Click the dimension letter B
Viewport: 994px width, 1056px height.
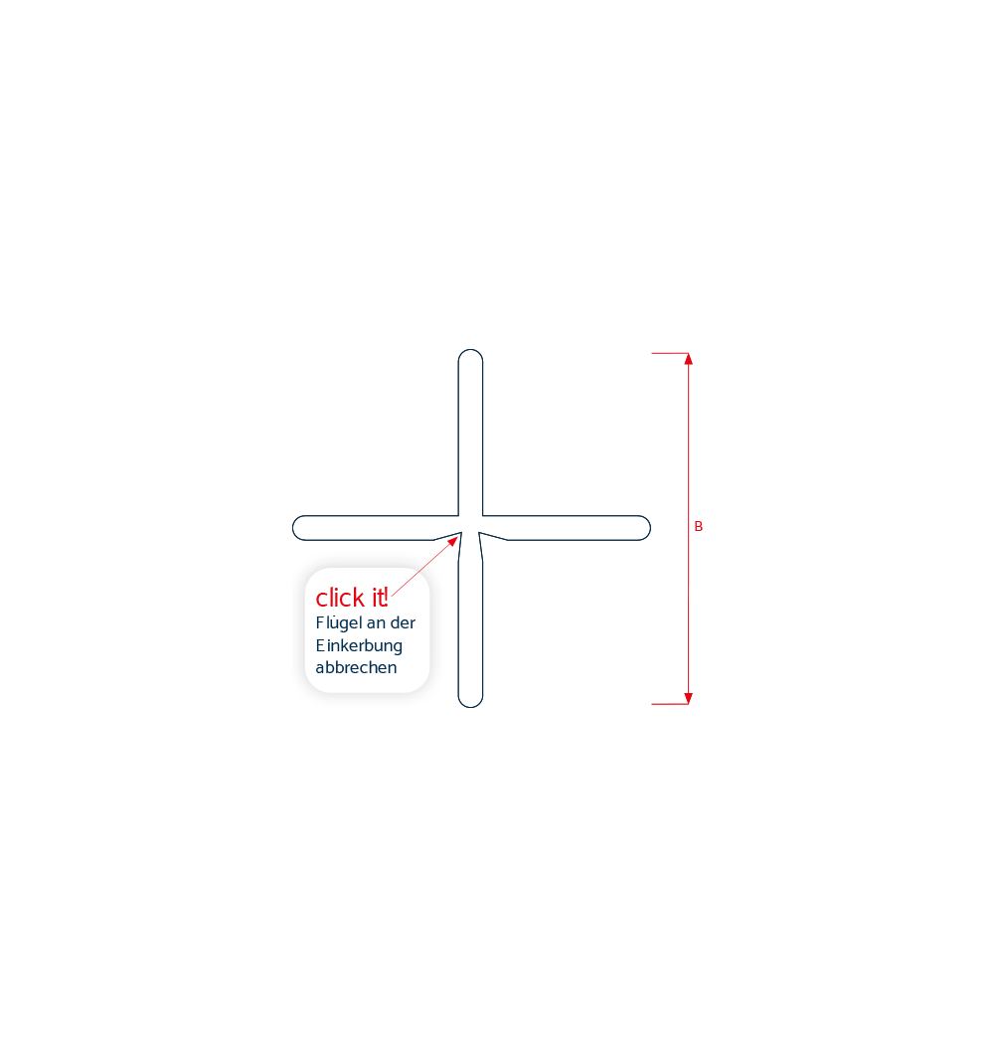coord(699,527)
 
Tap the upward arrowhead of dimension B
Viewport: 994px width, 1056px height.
coord(688,359)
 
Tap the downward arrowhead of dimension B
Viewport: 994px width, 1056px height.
coord(688,698)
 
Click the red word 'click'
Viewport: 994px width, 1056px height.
coord(340,598)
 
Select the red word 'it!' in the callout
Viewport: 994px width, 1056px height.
coord(380,598)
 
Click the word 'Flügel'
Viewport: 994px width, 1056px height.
coord(339,623)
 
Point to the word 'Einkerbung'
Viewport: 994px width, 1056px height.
coord(359,646)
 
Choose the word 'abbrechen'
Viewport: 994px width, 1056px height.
coord(356,667)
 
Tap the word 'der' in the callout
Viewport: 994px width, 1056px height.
coord(403,622)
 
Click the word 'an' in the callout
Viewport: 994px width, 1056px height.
coord(376,624)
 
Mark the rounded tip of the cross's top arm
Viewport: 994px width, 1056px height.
coord(471,350)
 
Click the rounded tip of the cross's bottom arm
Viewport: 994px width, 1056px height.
coord(471,706)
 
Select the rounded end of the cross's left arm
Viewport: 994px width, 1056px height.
coord(293,528)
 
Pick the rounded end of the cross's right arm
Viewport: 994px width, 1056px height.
coord(649,528)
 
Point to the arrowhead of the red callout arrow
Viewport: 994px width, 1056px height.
coord(453,542)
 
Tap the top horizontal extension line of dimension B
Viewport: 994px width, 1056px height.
coord(670,353)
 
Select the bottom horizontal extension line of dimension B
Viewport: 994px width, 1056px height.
coord(670,704)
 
